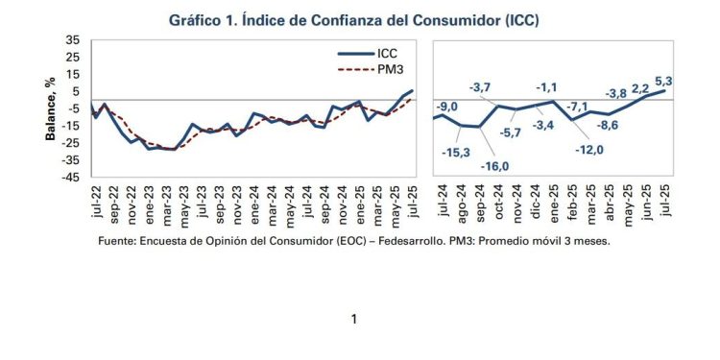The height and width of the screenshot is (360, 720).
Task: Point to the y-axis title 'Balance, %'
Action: [51, 109]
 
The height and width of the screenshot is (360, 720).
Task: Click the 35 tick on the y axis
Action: [73, 40]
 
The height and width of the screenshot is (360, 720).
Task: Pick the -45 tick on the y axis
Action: [71, 178]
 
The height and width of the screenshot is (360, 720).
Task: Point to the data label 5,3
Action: [662, 81]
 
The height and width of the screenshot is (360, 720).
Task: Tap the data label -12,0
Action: [588, 150]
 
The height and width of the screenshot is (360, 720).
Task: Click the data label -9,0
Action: [447, 106]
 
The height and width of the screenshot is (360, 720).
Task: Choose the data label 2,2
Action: [640, 87]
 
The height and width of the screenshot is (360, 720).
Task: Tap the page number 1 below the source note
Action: [354, 319]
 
